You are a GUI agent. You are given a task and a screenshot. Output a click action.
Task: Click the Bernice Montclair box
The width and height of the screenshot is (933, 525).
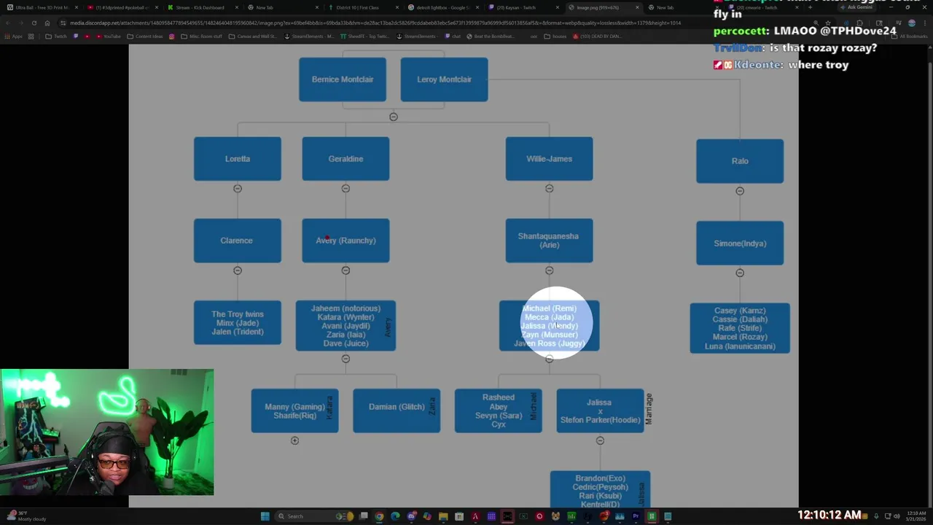click(343, 79)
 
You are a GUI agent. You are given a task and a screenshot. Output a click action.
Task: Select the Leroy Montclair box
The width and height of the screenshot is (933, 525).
click(444, 79)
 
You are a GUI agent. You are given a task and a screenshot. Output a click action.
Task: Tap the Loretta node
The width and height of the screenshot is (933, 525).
click(237, 159)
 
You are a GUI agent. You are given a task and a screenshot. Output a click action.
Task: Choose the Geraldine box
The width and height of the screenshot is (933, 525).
click(346, 159)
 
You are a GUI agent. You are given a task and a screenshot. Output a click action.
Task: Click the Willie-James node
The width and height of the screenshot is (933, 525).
click(549, 159)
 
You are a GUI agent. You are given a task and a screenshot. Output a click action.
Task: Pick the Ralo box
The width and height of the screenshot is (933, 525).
click(740, 161)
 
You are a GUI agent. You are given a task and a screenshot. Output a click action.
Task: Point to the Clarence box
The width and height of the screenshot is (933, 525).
click(237, 241)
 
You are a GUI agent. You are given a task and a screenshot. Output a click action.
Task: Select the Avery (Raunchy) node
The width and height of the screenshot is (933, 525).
click(346, 241)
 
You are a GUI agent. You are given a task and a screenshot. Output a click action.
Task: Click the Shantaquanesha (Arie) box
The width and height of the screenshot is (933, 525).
click(549, 241)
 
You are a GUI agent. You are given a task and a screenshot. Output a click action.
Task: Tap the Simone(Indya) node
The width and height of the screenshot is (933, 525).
click(740, 244)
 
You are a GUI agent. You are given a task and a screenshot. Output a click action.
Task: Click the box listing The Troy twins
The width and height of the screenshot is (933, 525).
click(237, 322)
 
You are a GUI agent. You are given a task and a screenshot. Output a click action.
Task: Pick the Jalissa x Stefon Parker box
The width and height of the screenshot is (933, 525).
click(599, 411)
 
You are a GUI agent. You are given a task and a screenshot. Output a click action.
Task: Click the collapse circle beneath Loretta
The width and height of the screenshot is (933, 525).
click(237, 189)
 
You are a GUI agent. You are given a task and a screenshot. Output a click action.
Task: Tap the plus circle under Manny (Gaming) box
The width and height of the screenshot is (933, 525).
click(294, 440)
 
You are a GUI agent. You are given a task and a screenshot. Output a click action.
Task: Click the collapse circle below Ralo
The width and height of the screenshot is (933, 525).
click(740, 191)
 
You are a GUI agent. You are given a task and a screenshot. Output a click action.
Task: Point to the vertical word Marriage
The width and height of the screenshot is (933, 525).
click(649, 408)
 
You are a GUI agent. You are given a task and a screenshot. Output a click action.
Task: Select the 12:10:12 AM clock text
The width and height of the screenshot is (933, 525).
click(829, 515)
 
